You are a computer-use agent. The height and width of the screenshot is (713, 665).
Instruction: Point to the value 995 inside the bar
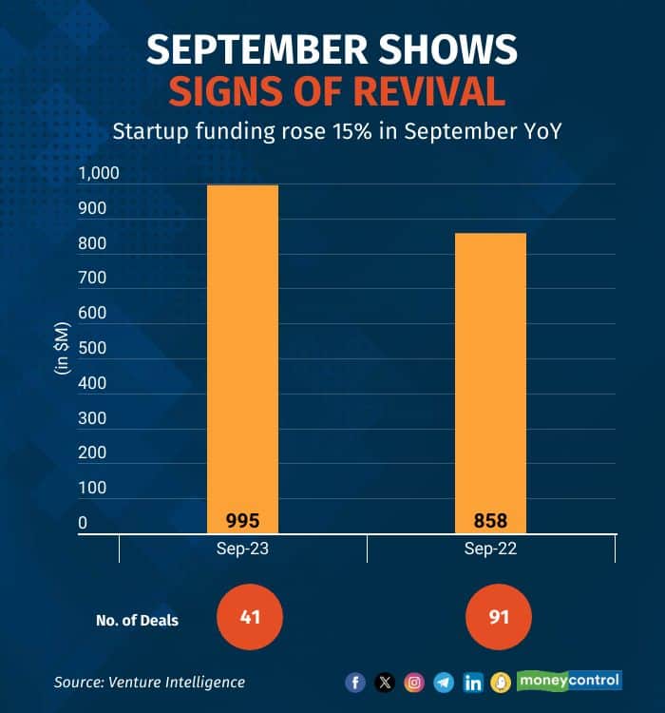click(x=242, y=521)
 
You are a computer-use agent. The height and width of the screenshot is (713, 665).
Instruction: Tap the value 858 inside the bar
click(x=490, y=521)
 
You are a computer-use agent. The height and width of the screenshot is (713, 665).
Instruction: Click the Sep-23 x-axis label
click(x=242, y=549)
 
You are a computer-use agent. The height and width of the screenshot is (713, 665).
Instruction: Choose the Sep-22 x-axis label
click(x=490, y=549)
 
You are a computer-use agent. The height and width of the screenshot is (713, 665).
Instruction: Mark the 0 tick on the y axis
click(x=83, y=523)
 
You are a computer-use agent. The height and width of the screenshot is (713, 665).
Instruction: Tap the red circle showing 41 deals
click(x=250, y=618)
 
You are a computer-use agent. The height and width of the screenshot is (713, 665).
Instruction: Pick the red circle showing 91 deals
click(x=499, y=618)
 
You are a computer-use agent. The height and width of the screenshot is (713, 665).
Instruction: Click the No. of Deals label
click(x=137, y=621)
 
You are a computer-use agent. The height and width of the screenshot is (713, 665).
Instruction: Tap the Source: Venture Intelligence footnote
click(x=149, y=682)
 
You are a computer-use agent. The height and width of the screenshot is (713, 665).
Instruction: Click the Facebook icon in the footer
click(x=355, y=682)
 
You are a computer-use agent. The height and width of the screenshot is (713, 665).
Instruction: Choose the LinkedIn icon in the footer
click(x=472, y=682)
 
